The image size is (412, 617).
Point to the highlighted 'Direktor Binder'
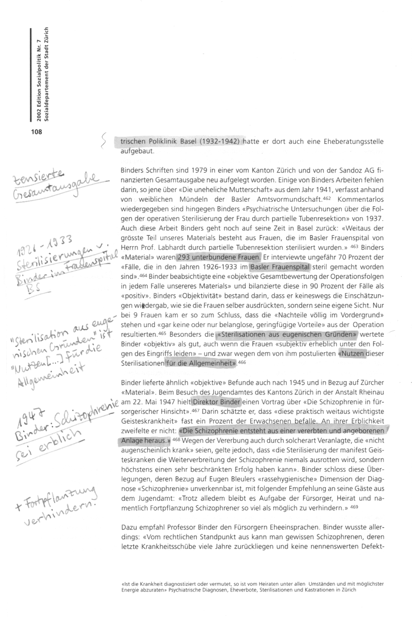217,401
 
